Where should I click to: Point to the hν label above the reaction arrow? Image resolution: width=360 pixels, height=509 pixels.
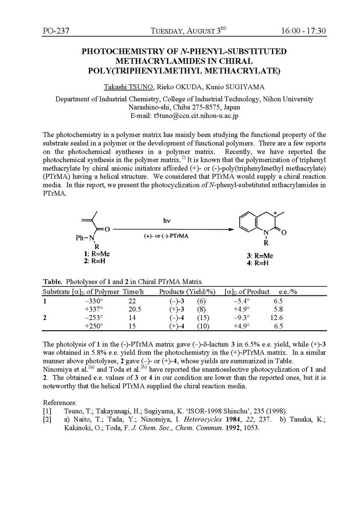click(167, 220)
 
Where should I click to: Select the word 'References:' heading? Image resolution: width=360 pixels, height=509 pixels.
click(60, 402)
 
